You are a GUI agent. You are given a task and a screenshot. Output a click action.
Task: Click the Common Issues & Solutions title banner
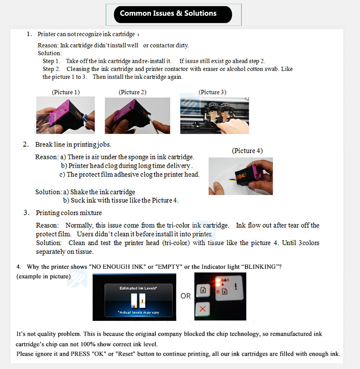tap(173, 14)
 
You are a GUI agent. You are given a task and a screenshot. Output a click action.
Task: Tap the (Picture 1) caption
tap(66, 92)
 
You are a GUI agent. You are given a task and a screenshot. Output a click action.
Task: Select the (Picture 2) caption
tap(132, 92)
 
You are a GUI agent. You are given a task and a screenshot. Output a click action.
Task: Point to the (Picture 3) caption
tap(212, 92)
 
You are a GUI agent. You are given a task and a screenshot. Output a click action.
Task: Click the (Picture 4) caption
tap(247, 151)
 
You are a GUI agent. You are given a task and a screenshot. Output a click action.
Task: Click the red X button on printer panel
tap(202, 309)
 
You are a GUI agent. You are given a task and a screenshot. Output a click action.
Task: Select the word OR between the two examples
tap(186, 296)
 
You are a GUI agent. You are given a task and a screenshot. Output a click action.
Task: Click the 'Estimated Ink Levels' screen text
tap(133, 288)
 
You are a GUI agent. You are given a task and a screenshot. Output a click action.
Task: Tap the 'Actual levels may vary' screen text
tap(133, 313)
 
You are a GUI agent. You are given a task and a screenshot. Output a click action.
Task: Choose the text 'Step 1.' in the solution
tap(51, 61)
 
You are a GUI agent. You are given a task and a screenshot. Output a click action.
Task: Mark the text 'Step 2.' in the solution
tap(51, 69)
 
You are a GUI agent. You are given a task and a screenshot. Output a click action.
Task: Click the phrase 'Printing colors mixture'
tap(69, 213)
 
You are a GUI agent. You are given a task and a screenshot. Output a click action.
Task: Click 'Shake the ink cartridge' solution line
tap(102, 192)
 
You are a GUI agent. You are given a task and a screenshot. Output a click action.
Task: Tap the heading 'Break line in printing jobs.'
tap(73, 145)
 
